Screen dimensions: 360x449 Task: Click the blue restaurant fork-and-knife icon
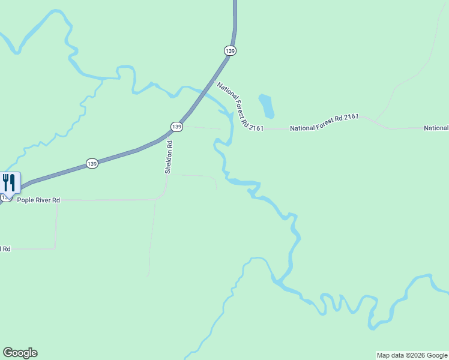click(x=8, y=182)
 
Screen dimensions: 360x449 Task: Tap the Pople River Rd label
click(x=38, y=200)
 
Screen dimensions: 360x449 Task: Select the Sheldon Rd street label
click(x=169, y=158)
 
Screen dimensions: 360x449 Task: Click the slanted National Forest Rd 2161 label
click(x=240, y=106)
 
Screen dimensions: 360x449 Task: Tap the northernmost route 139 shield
click(x=230, y=51)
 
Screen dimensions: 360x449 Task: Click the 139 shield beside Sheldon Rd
click(x=176, y=127)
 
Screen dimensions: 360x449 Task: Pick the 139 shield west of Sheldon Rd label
click(x=91, y=163)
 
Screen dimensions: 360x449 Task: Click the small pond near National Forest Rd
click(x=267, y=106)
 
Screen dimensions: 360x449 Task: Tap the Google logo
click(x=20, y=353)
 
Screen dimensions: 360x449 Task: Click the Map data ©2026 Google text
click(x=412, y=355)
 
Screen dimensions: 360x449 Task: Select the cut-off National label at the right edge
click(x=436, y=128)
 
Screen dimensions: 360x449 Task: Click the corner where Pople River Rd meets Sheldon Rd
click(x=157, y=199)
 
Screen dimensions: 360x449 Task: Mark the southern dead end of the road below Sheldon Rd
click(x=148, y=276)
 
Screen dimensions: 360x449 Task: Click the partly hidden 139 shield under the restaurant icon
click(x=6, y=197)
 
